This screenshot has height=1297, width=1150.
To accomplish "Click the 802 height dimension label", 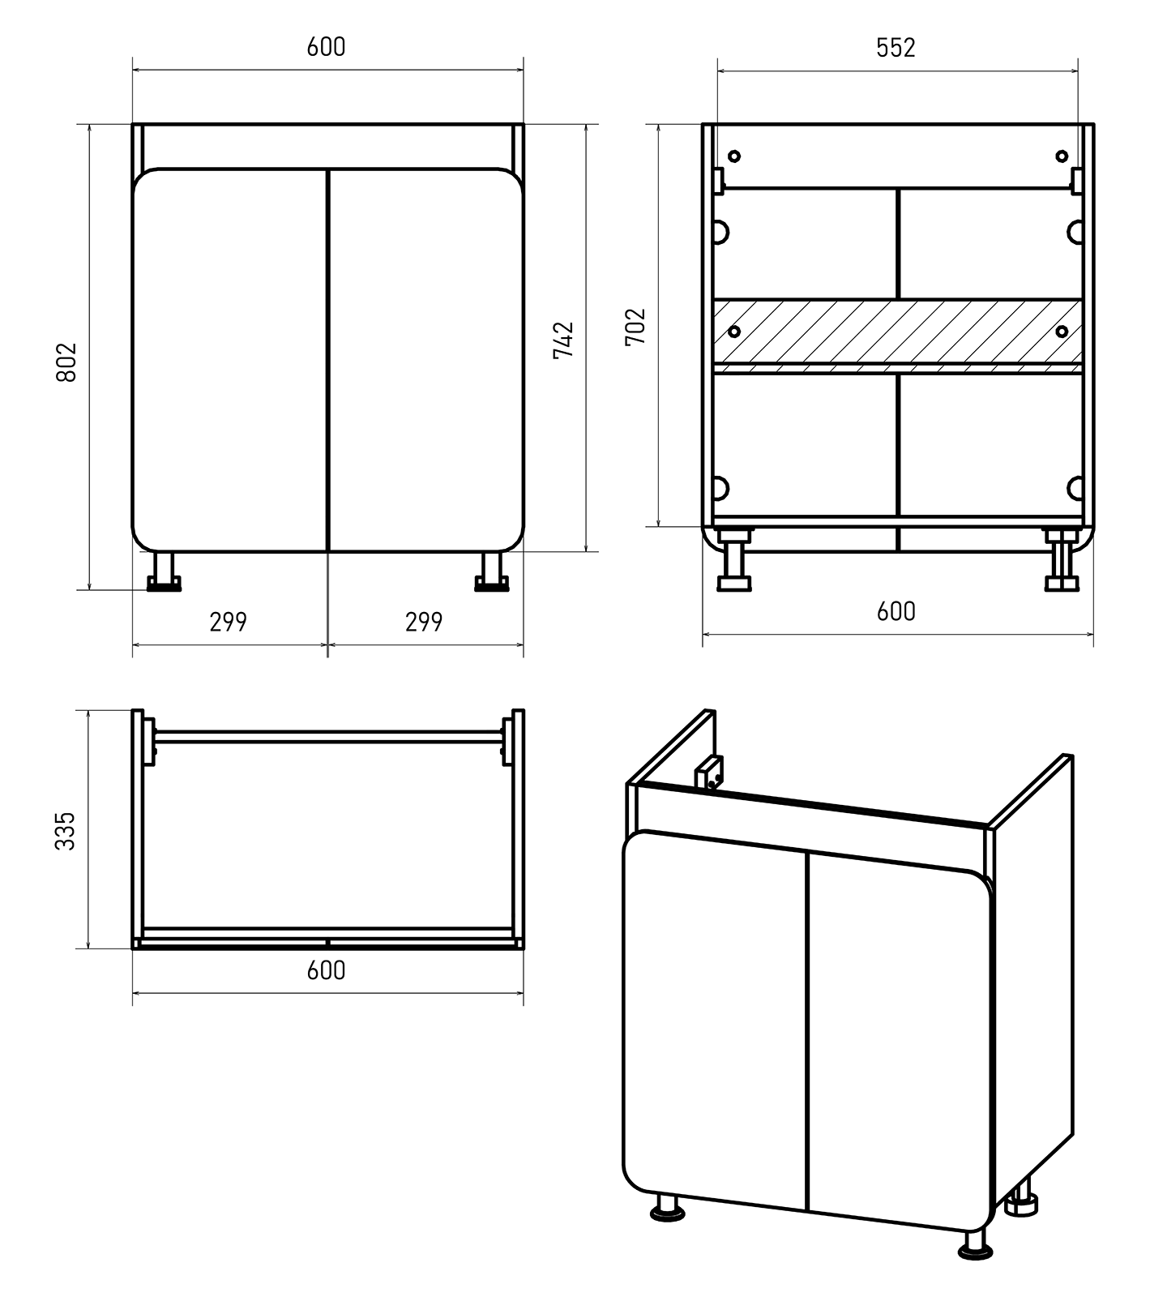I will (x=66, y=362).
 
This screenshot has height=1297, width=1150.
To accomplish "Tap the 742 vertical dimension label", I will (x=563, y=340).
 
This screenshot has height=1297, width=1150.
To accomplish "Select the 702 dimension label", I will (x=635, y=327).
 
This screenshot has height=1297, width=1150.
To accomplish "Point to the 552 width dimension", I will (x=896, y=48).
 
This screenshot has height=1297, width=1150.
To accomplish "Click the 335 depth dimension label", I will (x=65, y=831).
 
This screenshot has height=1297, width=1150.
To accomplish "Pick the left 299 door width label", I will (x=228, y=622).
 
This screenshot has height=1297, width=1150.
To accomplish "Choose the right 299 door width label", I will (x=424, y=622).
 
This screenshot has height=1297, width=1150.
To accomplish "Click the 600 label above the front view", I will (x=326, y=47).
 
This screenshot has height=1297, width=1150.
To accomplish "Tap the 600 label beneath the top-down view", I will (x=326, y=970).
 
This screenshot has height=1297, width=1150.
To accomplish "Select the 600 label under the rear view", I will (x=896, y=611).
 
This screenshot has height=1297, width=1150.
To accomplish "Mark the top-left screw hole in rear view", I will (x=734, y=156).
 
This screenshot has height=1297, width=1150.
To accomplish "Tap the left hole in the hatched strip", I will (x=734, y=331).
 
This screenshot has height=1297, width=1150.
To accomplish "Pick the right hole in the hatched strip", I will (x=1061, y=331).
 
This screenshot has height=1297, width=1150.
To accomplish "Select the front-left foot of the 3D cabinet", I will (x=668, y=1207).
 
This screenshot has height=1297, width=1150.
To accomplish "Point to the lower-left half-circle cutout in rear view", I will (x=719, y=488).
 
